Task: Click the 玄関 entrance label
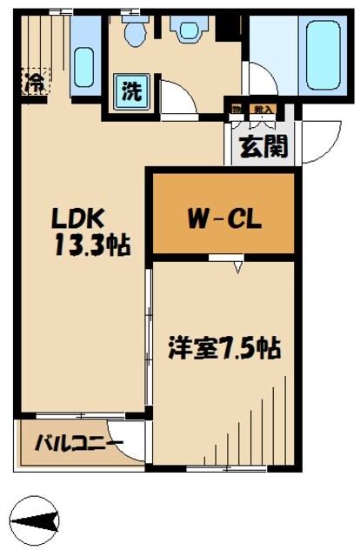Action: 265,145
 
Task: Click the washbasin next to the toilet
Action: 187,30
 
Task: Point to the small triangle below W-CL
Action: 237,267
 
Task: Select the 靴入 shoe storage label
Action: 261,109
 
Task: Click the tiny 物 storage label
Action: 237,109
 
